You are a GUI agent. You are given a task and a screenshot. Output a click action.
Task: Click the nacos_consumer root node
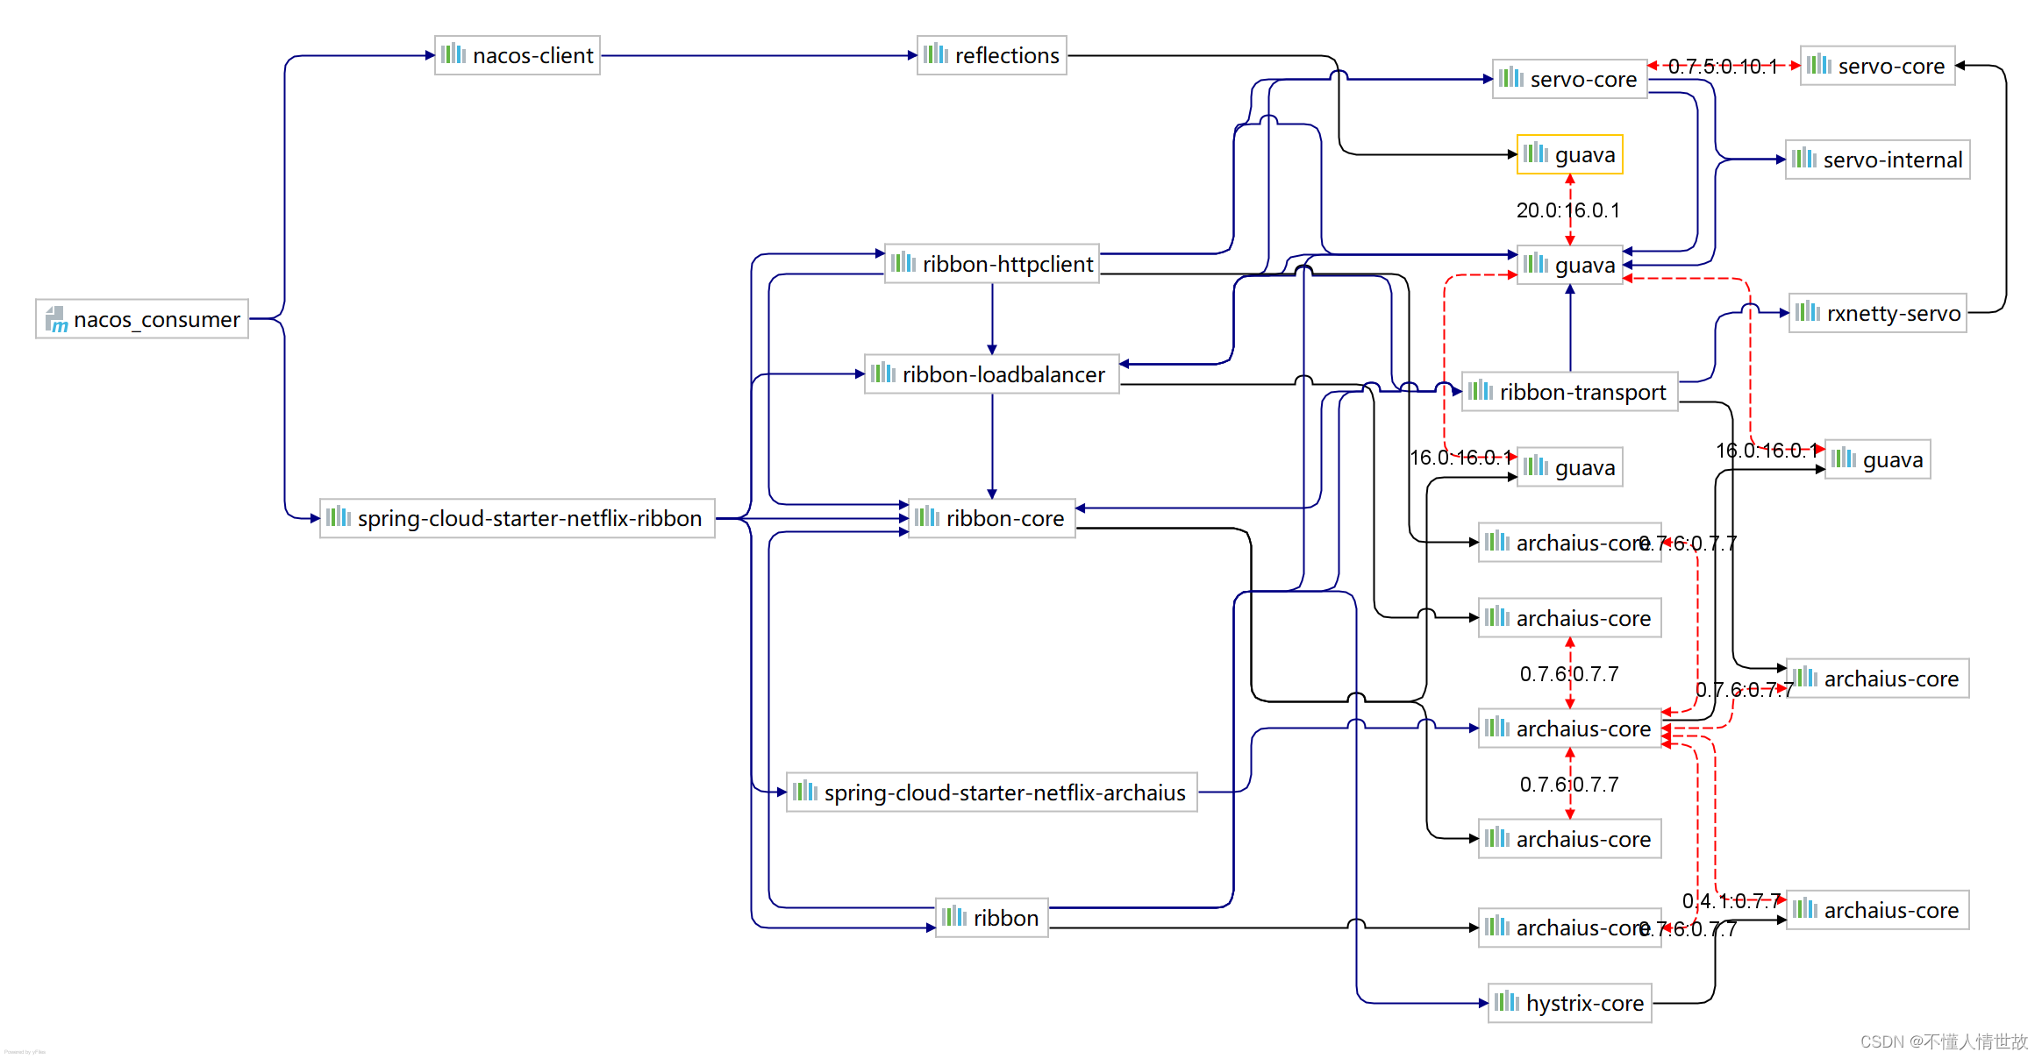pyautogui.click(x=142, y=319)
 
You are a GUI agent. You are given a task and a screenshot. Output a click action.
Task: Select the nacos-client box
pyautogui.click(x=518, y=55)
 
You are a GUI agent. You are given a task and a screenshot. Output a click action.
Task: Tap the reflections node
pyautogui.click(x=991, y=55)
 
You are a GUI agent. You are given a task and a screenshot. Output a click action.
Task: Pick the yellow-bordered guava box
pyautogui.click(x=1569, y=155)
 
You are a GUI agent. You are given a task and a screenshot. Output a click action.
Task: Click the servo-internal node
pyautogui.click(x=1877, y=160)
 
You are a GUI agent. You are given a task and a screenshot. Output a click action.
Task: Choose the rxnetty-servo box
pyautogui.click(x=1877, y=313)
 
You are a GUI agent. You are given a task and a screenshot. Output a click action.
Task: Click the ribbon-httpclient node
pyautogui.click(x=992, y=264)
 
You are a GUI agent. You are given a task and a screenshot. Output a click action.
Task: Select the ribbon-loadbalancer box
pyautogui.click(x=991, y=374)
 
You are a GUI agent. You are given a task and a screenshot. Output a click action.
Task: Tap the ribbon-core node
pyautogui.click(x=991, y=518)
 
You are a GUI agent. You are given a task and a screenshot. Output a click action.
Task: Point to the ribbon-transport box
pyautogui.click(x=1569, y=392)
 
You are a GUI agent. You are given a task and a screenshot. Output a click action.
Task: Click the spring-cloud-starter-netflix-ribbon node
pyautogui.click(x=518, y=518)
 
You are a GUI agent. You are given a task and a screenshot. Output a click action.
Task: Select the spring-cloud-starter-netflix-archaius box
pyautogui.click(x=991, y=792)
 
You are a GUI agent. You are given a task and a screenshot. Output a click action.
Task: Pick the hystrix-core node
pyautogui.click(x=1569, y=1003)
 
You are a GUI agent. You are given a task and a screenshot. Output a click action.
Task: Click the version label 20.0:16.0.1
pyautogui.click(x=1567, y=210)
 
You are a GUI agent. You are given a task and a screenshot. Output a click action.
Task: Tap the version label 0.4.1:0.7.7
pyautogui.click(x=1731, y=900)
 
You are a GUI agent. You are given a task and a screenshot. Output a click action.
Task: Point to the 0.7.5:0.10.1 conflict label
pyautogui.click(x=1722, y=67)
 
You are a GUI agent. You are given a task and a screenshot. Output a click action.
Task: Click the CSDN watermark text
pyautogui.click(x=1943, y=1041)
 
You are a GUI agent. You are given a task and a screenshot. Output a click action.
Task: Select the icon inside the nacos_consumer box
pyautogui.click(x=57, y=320)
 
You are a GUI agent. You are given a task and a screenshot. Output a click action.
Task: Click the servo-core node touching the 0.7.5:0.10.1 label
pyautogui.click(x=1569, y=79)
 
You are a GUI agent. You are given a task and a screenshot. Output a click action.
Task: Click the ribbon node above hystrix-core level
pyautogui.click(x=991, y=918)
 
